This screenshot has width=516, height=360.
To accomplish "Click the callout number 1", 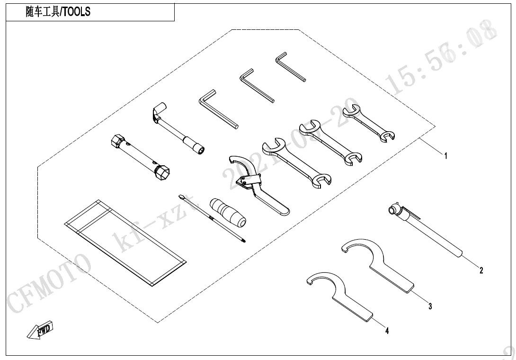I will click(x=445, y=155).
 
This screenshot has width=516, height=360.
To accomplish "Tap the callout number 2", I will click(x=481, y=270).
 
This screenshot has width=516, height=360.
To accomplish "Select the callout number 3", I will click(x=430, y=306).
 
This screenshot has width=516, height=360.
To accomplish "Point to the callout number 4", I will click(x=387, y=331).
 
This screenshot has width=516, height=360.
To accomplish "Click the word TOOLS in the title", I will click(x=76, y=13).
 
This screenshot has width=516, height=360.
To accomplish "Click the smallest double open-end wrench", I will click(x=369, y=123).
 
